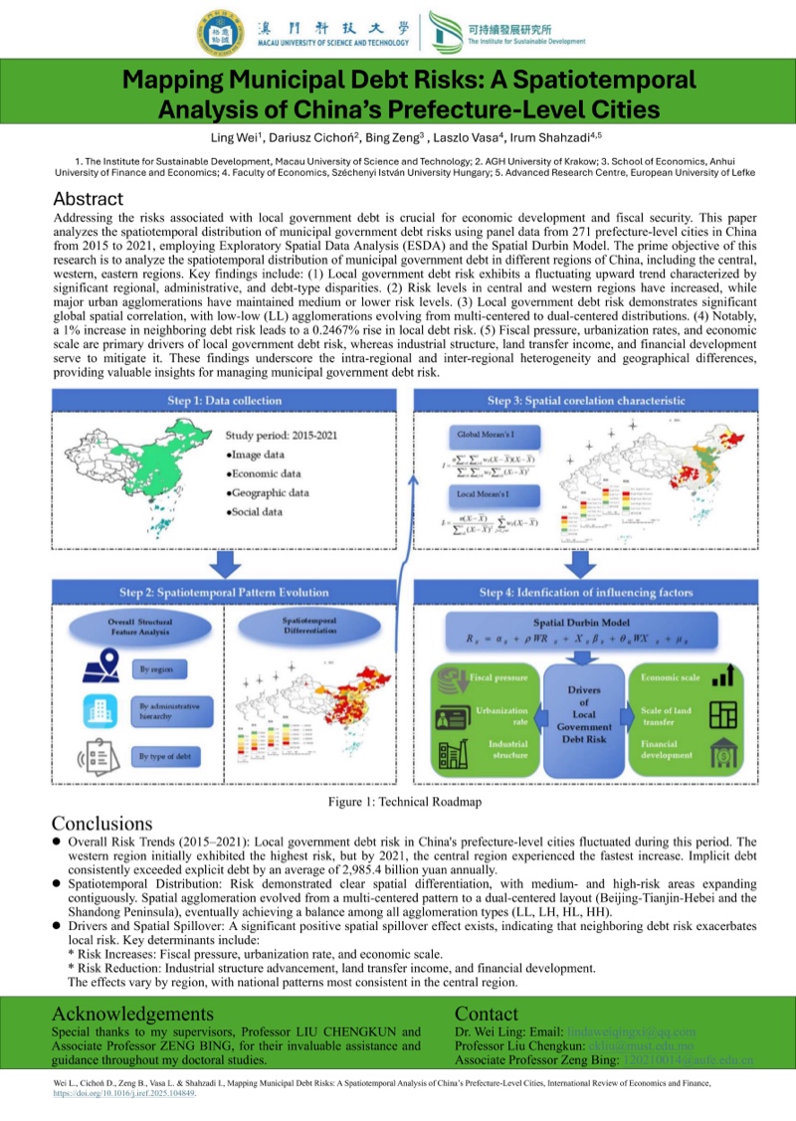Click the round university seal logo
(x=219, y=31)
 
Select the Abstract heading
(x=89, y=199)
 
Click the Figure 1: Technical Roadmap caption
(x=398, y=802)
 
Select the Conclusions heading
(x=101, y=824)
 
